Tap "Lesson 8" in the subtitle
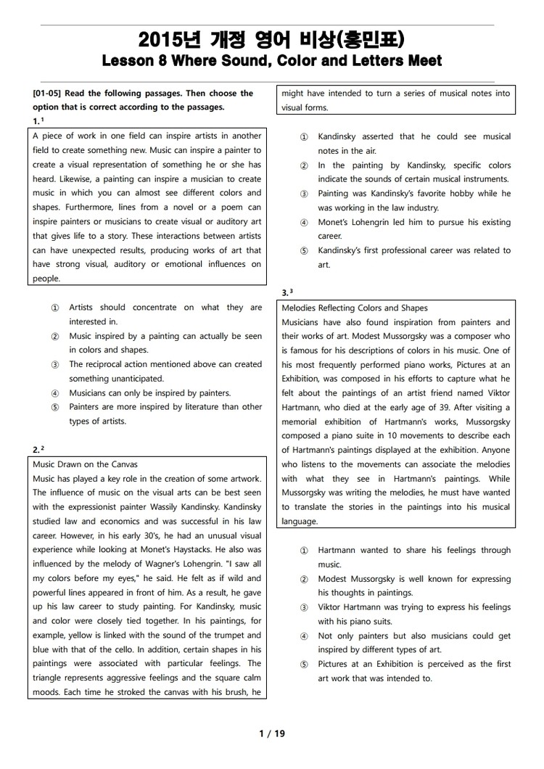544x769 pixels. pos(131,61)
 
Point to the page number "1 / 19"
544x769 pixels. pos(272,733)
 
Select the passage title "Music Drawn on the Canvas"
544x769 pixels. pos(86,464)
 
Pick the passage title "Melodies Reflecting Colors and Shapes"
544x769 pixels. pos(355,308)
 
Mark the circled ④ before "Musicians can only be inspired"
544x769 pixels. pos(55,393)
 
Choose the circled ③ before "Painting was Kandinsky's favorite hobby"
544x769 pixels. pos(304,194)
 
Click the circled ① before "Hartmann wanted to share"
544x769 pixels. pos(304,551)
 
